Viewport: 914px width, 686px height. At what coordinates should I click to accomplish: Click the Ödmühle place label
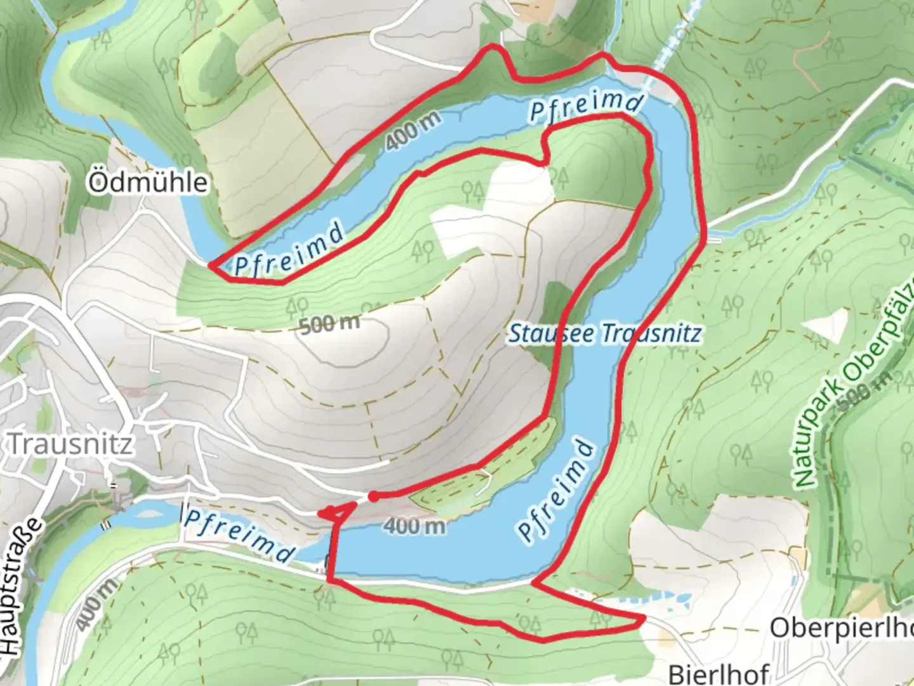tap(148, 183)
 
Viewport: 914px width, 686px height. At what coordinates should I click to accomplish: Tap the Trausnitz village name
tap(70, 444)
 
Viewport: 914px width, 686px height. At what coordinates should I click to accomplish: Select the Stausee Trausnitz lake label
tap(605, 333)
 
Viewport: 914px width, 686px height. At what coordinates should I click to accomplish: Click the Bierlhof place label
tap(719, 673)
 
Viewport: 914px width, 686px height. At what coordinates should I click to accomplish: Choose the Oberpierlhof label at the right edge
tap(841, 628)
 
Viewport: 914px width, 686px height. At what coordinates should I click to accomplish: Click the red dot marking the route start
tap(374, 497)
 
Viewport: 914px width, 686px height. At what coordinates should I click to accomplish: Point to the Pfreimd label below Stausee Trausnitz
tap(557, 490)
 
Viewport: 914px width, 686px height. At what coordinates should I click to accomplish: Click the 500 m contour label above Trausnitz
tap(329, 324)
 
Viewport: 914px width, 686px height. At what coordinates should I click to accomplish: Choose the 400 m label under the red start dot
tap(414, 526)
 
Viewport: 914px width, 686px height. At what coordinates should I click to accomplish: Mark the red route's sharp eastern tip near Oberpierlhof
tap(644, 618)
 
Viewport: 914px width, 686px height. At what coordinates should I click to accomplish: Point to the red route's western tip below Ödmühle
tap(211, 265)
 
